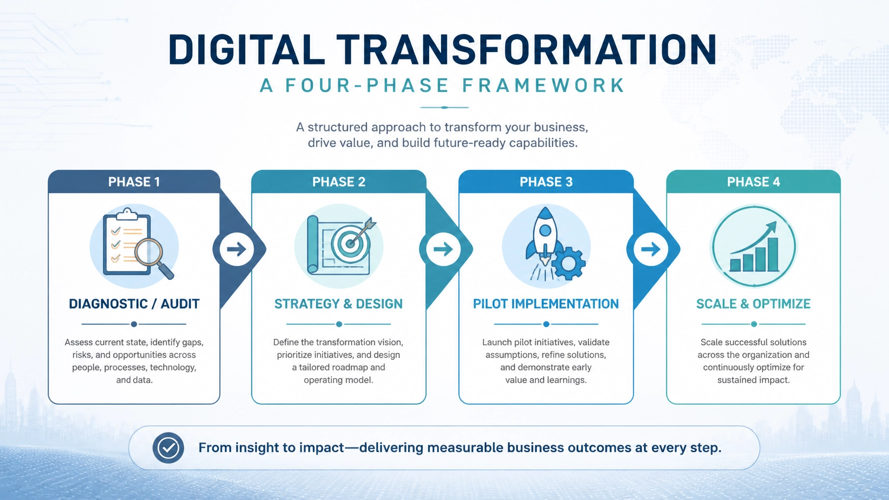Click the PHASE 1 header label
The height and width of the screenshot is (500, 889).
pos(134,182)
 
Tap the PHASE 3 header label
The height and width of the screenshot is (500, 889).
pos(546,182)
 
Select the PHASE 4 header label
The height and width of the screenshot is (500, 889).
pos(754,182)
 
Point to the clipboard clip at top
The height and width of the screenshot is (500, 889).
pos(127,214)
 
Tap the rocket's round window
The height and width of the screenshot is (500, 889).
pos(545,231)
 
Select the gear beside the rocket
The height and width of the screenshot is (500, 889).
pos(569,263)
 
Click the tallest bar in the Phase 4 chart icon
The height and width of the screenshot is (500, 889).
pos(773,254)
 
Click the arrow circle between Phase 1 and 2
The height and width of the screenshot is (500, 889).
pos(237,249)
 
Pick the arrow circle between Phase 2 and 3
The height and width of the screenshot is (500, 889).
pos(443,249)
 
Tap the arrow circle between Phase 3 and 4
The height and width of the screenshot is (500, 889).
pos(650,249)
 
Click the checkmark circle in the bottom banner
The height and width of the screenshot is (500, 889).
pos(168,448)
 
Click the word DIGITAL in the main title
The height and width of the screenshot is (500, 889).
pos(247,50)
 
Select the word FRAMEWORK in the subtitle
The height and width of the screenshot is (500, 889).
pos(543,86)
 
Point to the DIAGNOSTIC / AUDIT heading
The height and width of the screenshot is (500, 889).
pos(134,304)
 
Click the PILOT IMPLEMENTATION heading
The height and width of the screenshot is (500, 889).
pos(546,304)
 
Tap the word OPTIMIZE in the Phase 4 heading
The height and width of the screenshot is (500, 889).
pos(781,304)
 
